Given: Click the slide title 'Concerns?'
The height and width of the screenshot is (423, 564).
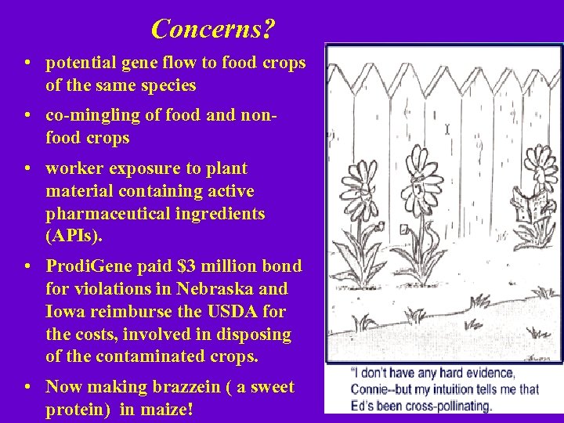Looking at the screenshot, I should point(213,29).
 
